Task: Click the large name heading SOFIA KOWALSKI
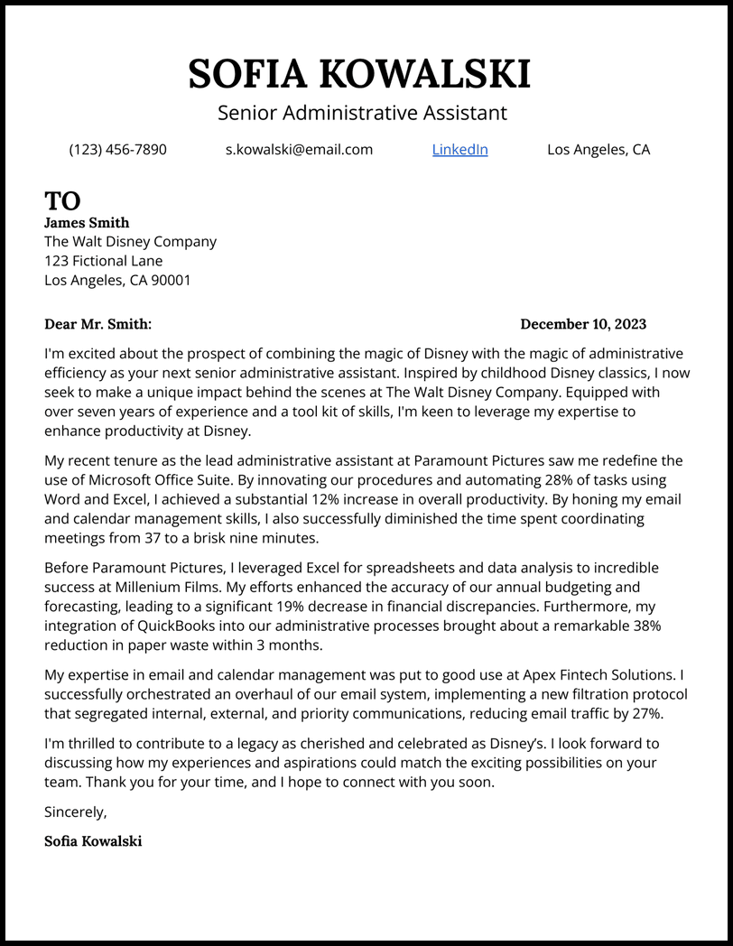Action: coord(359,74)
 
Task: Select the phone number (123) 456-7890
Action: coord(117,150)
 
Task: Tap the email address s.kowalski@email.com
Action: coord(299,150)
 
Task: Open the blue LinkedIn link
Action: coord(459,150)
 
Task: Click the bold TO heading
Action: coord(62,200)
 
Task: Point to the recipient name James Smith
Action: coord(87,223)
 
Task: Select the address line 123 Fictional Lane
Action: coord(104,261)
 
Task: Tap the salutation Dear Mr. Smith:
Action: coord(98,324)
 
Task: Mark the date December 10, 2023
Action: coord(583,324)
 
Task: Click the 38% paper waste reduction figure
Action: coord(644,626)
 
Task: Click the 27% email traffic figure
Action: coord(645,713)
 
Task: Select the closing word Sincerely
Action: coord(74,812)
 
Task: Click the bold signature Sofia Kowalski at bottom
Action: coord(93,841)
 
